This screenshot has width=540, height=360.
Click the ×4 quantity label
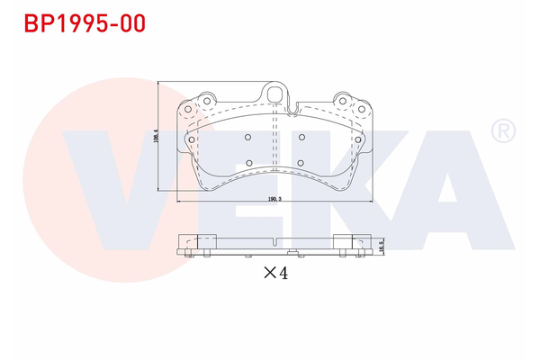(274, 274)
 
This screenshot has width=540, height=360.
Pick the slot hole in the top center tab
(275, 93)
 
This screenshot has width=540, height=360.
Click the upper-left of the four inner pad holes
(247, 137)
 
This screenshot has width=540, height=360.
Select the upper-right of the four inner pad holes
(302, 137)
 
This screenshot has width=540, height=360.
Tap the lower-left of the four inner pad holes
(247, 163)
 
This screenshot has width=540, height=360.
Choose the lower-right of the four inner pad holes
(302, 163)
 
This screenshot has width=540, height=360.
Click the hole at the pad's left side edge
(192, 139)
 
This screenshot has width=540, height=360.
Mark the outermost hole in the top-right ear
(362, 109)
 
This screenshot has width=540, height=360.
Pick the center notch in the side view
(274, 239)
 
